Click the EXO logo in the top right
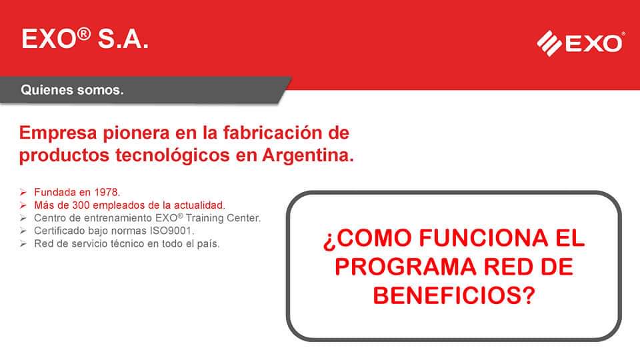pos(581,43)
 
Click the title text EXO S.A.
pos(85,39)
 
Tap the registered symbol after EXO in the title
pos(84,33)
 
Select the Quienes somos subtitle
pos(72,90)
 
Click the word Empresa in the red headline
pos(58,133)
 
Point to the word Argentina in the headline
pos(308,155)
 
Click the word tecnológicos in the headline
pos(172,155)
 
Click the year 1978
pos(107,192)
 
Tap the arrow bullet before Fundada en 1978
pos(23,192)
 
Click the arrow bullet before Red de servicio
pos(23,244)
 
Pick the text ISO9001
pos(171,231)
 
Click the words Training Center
pos(223,218)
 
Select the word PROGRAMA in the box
pos(405,267)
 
